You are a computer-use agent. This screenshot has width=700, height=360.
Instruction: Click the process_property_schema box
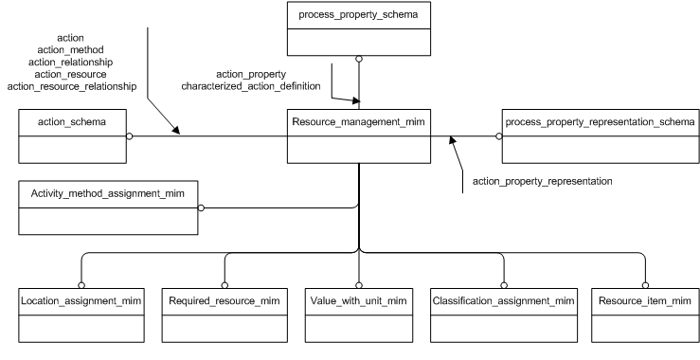coord(357,27)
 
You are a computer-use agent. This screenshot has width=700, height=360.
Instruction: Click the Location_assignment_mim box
coord(81,312)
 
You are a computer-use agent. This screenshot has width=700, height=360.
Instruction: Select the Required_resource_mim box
coord(224,312)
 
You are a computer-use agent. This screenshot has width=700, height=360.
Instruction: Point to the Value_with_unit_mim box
coord(358,312)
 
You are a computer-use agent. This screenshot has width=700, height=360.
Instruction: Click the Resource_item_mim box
coord(645,312)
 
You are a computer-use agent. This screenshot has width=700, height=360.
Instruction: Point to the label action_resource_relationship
coord(71,86)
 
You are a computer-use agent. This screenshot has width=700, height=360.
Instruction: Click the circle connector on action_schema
coord(130,135)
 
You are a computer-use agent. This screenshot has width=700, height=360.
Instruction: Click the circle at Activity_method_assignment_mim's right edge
coord(201,207)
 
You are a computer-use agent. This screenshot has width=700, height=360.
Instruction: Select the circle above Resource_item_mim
coord(645,283)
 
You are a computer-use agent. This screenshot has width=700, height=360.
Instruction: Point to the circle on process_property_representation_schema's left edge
coord(496,135)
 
